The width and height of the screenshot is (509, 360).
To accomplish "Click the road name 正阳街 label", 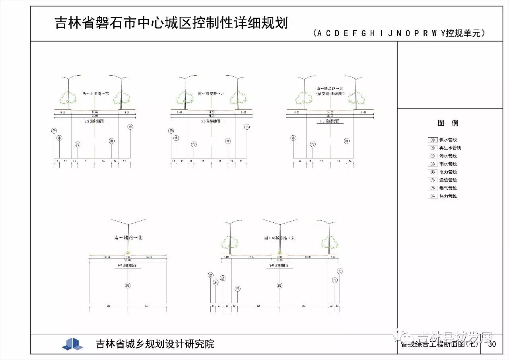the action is [x=95, y=93].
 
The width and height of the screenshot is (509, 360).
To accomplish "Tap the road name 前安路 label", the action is [x=211, y=93].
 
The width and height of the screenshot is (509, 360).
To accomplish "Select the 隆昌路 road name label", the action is [x=330, y=89].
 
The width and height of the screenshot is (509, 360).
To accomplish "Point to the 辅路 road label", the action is [x=128, y=237].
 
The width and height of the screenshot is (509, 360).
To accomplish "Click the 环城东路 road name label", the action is [x=279, y=238].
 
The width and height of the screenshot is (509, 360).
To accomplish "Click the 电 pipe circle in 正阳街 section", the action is [x=130, y=127].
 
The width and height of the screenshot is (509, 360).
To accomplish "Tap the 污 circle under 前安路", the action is [x=194, y=144].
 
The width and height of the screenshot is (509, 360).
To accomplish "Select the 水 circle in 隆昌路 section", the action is [x=293, y=138].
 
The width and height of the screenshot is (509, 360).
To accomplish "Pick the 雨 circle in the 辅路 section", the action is [x=128, y=285].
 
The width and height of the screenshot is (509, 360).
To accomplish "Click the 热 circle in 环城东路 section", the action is [x=223, y=278].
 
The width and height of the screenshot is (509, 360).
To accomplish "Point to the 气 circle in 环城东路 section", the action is [x=334, y=280].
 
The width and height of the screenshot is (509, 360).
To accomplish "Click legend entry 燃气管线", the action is [x=448, y=188].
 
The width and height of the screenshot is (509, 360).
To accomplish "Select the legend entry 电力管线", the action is [x=448, y=172].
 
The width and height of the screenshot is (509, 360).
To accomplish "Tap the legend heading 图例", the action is [x=448, y=123].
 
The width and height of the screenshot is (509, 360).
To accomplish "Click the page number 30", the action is [x=492, y=344].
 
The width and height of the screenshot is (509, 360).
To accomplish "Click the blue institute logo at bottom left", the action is [x=72, y=344].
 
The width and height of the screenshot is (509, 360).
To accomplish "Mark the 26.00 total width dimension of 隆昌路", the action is [x=330, y=116].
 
